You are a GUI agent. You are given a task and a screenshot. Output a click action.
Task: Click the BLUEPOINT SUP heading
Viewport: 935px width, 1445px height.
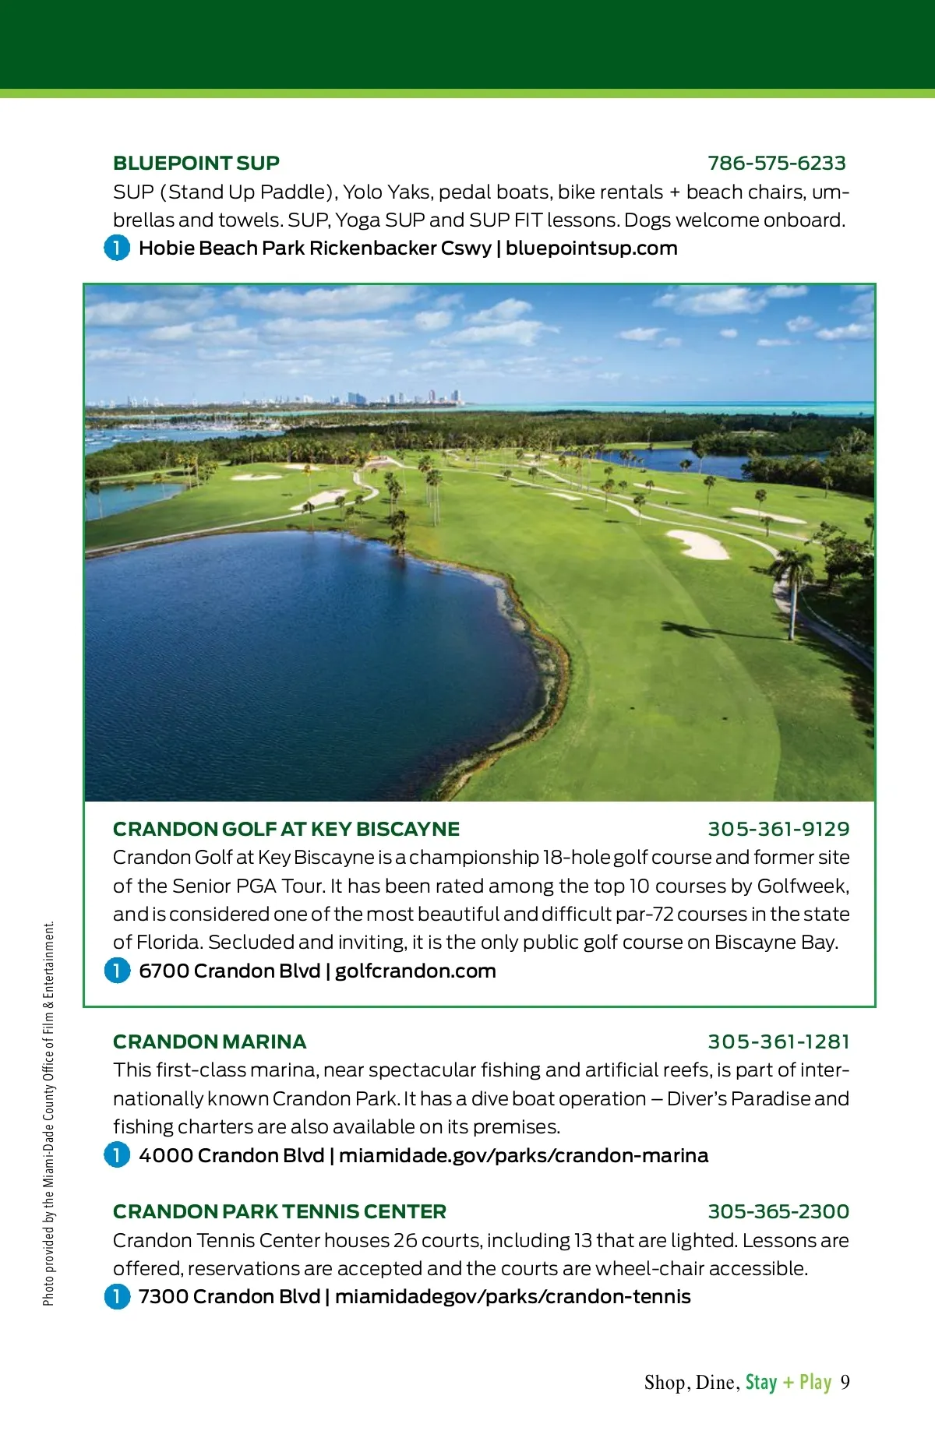point(196,163)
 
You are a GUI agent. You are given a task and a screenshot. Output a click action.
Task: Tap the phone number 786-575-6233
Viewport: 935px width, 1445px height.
point(776,163)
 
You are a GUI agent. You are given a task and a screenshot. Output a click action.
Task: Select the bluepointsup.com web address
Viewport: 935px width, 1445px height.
point(591,248)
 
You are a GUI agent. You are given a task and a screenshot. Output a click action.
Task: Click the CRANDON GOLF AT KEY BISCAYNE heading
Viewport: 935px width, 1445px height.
point(286,829)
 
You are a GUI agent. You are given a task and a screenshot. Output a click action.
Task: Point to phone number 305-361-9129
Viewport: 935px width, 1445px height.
point(778,829)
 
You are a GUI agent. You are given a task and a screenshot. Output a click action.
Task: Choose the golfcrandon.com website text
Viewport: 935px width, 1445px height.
point(415,971)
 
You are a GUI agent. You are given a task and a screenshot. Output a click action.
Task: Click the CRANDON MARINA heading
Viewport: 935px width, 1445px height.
point(210,1041)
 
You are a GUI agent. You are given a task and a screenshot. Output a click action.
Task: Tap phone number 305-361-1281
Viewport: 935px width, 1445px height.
point(778,1041)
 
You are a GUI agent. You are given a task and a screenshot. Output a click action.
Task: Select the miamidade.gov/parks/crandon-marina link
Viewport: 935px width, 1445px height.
point(524,1155)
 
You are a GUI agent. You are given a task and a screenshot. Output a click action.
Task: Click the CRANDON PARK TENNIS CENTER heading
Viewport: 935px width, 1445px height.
point(279,1211)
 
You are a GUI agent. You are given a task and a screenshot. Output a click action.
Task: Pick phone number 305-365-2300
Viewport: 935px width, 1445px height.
point(778,1211)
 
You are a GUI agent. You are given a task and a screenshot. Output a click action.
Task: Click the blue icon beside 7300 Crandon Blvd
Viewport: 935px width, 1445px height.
point(117,1297)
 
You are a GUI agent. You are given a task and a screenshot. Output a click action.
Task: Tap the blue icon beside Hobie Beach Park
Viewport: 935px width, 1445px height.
point(117,248)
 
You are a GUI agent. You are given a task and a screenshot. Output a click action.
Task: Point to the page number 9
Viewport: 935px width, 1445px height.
point(845,1383)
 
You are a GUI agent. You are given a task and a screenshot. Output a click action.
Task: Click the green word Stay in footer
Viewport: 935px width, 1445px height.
point(761,1383)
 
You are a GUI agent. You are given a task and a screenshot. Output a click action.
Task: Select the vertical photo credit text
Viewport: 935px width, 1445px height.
point(49,1114)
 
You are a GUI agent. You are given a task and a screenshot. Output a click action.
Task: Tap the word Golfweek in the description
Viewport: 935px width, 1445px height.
point(802,886)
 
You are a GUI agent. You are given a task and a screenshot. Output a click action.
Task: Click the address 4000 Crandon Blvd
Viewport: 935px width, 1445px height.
point(231,1155)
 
